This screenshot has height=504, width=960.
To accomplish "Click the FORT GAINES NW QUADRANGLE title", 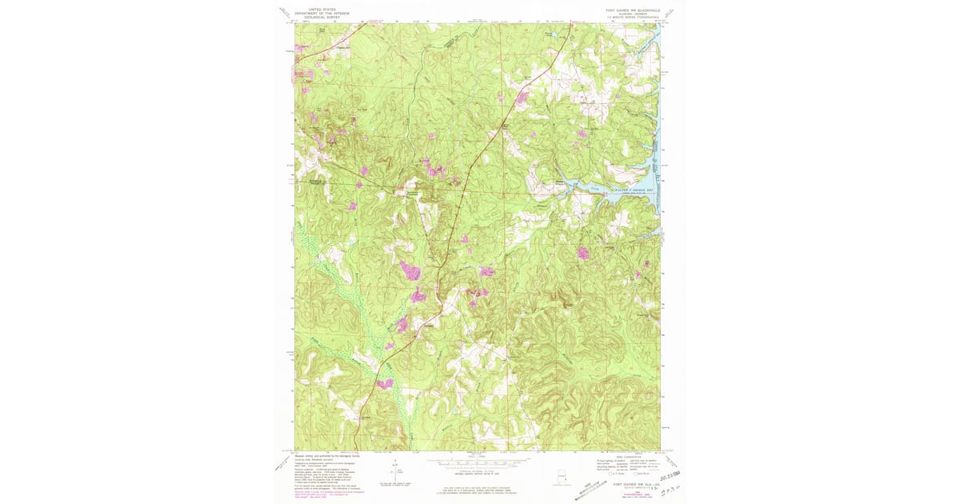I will pos(632,10).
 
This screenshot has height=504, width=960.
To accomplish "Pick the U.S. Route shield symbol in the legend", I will pos(599,474).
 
